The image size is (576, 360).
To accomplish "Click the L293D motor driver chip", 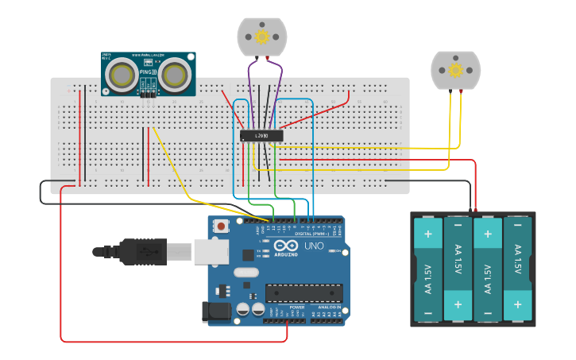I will coord(261,136).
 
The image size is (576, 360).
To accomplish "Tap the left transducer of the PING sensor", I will coord(122,75).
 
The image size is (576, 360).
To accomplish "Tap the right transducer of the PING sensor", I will coord(173,75).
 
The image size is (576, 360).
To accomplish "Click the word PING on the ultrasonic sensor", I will coord(147,72).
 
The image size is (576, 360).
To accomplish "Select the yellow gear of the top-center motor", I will coord(261,36).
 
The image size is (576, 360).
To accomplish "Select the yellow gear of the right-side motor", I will coord(455,70).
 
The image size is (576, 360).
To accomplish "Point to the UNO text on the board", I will coord(313,246).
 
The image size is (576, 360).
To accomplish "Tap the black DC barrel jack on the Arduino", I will coord(217,312).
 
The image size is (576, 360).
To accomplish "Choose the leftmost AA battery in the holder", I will coord(428,269).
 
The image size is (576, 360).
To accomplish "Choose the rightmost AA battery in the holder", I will coord(517,269).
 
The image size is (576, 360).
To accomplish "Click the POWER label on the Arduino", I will coord(296,307).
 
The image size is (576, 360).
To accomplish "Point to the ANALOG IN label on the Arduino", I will coord(329,307).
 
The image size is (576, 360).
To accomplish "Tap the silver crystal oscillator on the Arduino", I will coord(246,273).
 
